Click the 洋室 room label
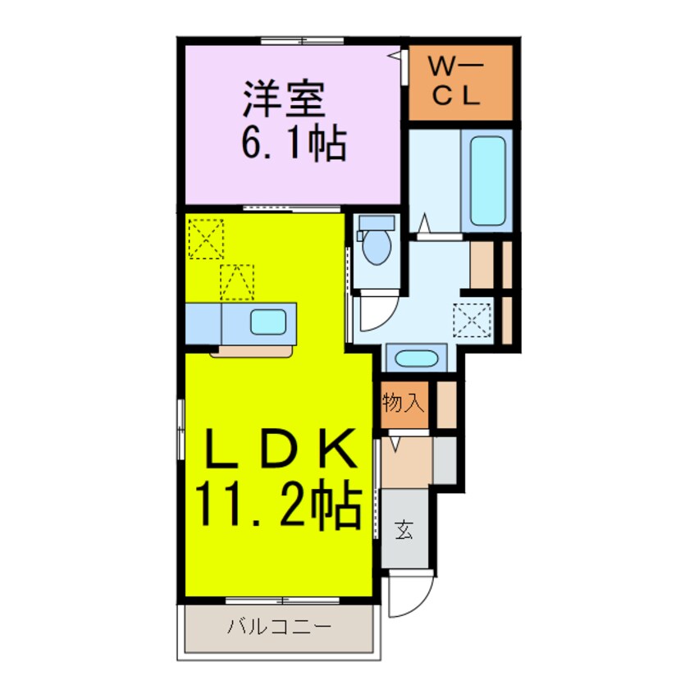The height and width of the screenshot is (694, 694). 284,102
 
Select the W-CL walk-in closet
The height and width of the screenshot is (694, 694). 460,83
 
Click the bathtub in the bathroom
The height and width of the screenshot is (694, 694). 486,180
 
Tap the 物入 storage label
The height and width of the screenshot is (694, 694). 403,404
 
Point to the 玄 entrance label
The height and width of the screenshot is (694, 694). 404,531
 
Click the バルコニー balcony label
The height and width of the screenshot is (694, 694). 279,628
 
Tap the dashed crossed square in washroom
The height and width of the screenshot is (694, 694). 473,319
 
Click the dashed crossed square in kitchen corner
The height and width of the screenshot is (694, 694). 204,238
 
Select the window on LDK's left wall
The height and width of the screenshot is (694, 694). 180,427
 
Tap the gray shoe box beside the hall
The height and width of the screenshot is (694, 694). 444,460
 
